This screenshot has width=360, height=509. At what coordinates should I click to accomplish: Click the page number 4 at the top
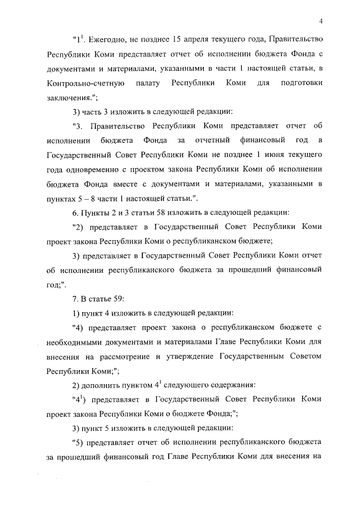coord(319,22)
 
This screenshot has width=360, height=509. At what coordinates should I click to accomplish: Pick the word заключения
coord(69,97)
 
